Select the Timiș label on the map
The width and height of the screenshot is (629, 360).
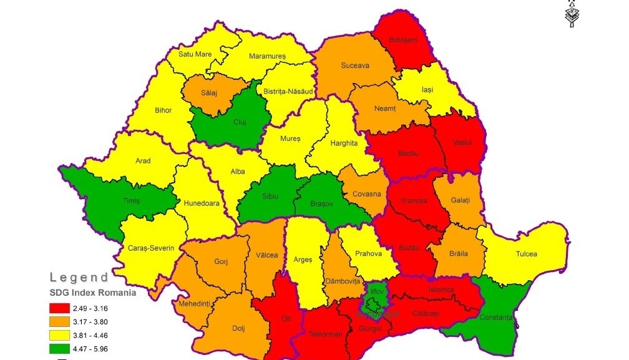point(131,200)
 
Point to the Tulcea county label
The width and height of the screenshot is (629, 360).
point(526,254)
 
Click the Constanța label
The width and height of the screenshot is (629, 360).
point(497,318)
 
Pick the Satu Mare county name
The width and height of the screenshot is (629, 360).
point(195,54)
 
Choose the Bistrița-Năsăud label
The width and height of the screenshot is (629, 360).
point(288,91)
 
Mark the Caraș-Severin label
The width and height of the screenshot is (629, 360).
point(152,248)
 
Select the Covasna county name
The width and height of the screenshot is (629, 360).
point(366,194)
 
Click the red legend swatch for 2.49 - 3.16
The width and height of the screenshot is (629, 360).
point(63,307)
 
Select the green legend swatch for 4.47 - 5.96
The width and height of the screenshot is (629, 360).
point(63,349)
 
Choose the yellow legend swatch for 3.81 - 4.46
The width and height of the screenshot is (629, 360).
point(63,335)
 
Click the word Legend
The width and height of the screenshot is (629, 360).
point(79,277)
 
